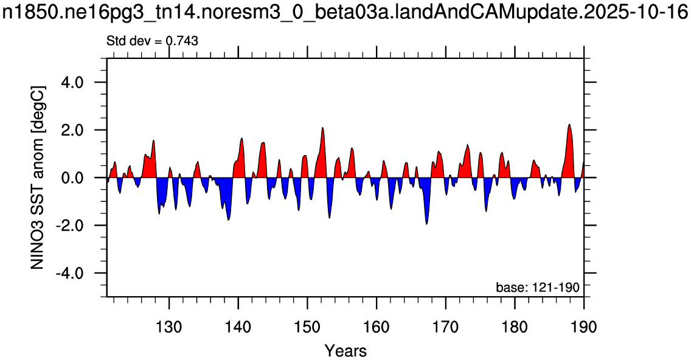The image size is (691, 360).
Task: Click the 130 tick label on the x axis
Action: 169,327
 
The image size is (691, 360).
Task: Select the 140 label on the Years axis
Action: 238,327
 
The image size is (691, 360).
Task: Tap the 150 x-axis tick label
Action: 308,327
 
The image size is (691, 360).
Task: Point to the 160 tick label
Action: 377,327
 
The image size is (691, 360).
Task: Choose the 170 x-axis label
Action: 446,327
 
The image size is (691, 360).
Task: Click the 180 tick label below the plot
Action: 515,327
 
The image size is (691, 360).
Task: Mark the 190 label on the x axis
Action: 584,327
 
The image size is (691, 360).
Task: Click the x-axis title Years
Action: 346,351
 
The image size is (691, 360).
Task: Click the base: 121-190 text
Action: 538,288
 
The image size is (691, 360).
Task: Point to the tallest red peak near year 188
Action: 569,125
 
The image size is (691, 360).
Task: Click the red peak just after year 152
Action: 323,128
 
